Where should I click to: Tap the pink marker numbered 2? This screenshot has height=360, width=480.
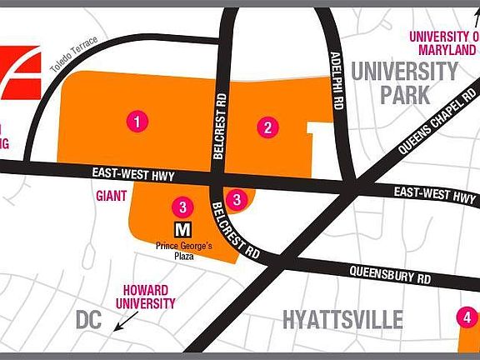tap(267, 127)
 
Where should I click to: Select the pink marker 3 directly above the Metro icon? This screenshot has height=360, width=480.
tap(182, 206)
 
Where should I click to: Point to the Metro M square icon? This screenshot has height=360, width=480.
tap(182, 228)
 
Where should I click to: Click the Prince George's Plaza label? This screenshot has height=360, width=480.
tap(182, 251)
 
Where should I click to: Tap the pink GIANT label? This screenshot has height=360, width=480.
tap(110, 197)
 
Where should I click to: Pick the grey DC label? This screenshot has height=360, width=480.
tap(87, 320)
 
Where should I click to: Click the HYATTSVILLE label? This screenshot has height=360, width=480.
tap(342, 320)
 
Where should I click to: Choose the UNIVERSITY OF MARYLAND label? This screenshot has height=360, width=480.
tap(442, 44)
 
